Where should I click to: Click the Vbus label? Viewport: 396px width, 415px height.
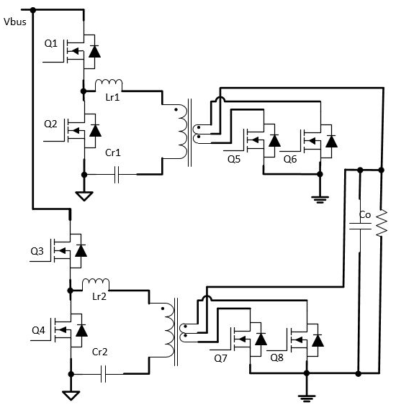(15, 22)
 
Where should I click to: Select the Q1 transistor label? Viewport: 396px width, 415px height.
(51, 43)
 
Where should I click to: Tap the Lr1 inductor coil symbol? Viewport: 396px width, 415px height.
(109, 84)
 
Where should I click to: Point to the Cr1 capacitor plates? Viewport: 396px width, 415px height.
(117, 175)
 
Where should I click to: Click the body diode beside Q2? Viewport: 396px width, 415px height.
(95, 131)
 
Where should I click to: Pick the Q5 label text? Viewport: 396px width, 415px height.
(234, 159)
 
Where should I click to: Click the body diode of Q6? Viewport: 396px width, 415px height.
(331, 141)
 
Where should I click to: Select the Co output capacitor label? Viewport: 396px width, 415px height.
(365, 215)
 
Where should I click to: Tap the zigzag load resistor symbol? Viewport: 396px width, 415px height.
(382, 223)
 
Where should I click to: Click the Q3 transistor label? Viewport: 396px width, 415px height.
(37, 251)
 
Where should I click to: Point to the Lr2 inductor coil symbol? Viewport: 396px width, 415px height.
(96, 283)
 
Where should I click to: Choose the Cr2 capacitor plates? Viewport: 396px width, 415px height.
(103, 374)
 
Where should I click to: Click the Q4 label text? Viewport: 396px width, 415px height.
(38, 330)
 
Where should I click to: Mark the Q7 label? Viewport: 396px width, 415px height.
(220, 358)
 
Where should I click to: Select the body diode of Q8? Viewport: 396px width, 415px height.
(318, 341)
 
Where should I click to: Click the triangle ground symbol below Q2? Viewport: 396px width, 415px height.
(84, 196)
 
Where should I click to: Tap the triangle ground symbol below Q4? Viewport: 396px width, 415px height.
(71, 396)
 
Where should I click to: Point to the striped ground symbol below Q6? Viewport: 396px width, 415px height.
(320, 199)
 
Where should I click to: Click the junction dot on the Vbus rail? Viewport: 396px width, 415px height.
(33, 10)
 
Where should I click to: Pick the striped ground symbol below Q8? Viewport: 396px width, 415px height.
(307, 398)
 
